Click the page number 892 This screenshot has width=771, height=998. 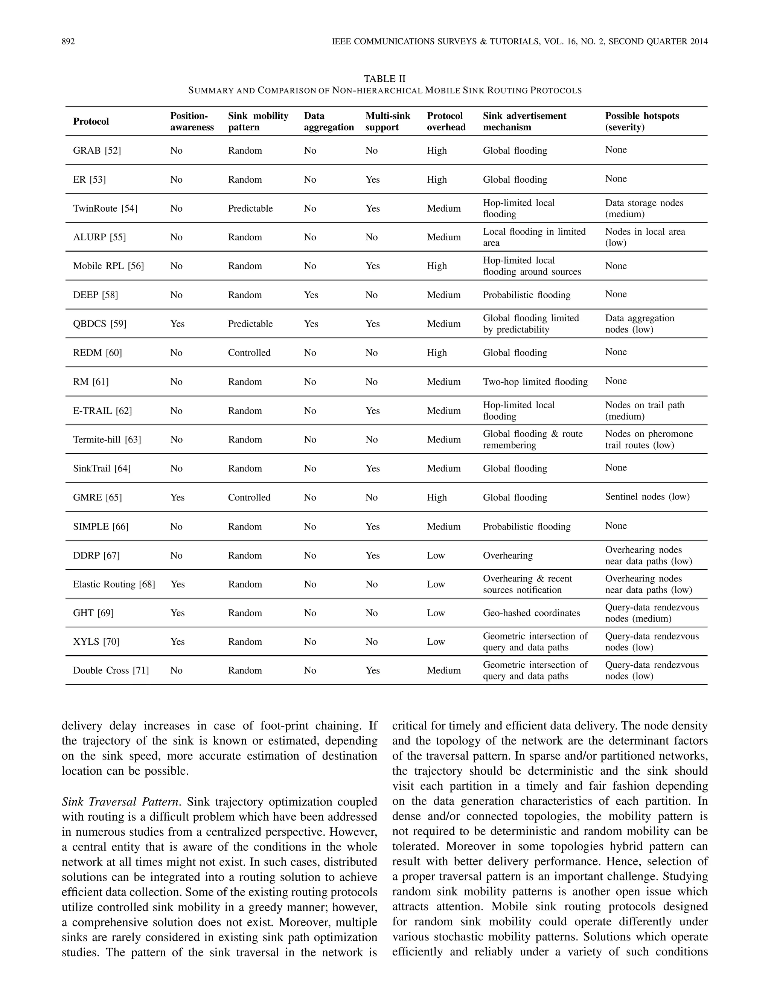pyautogui.click(x=68, y=41)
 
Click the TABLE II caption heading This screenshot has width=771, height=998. pyautogui.click(x=385, y=79)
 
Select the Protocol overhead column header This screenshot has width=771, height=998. pyautogui.click(x=446, y=122)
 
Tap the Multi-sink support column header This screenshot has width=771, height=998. pyautogui.click(x=387, y=122)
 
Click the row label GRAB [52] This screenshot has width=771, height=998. pyautogui.click(x=97, y=150)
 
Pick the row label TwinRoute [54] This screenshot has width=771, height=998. pyautogui.click(x=105, y=208)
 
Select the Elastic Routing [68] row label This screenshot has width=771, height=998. pyautogui.click(x=114, y=584)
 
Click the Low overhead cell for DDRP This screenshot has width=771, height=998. pyautogui.click(x=436, y=555)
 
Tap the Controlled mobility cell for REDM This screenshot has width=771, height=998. pyautogui.click(x=249, y=353)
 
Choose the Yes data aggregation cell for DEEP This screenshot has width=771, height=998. pyautogui.click(x=311, y=295)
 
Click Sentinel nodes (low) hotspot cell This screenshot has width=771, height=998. pyautogui.click(x=647, y=497)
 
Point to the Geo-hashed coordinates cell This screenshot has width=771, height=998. pyautogui.click(x=531, y=613)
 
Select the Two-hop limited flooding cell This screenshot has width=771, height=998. pyautogui.click(x=535, y=381)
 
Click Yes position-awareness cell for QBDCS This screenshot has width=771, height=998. pyautogui.click(x=177, y=324)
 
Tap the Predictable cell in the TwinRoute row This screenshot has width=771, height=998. pyautogui.click(x=250, y=208)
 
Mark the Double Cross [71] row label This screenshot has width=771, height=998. pyautogui.click(x=111, y=670)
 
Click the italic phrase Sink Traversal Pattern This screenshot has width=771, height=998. pyautogui.click(x=121, y=802)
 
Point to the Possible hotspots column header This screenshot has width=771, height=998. pyautogui.click(x=642, y=122)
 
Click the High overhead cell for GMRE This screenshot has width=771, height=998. pyautogui.click(x=437, y=497)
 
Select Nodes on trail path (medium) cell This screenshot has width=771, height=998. pyautogui.click(x=645, y=411)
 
